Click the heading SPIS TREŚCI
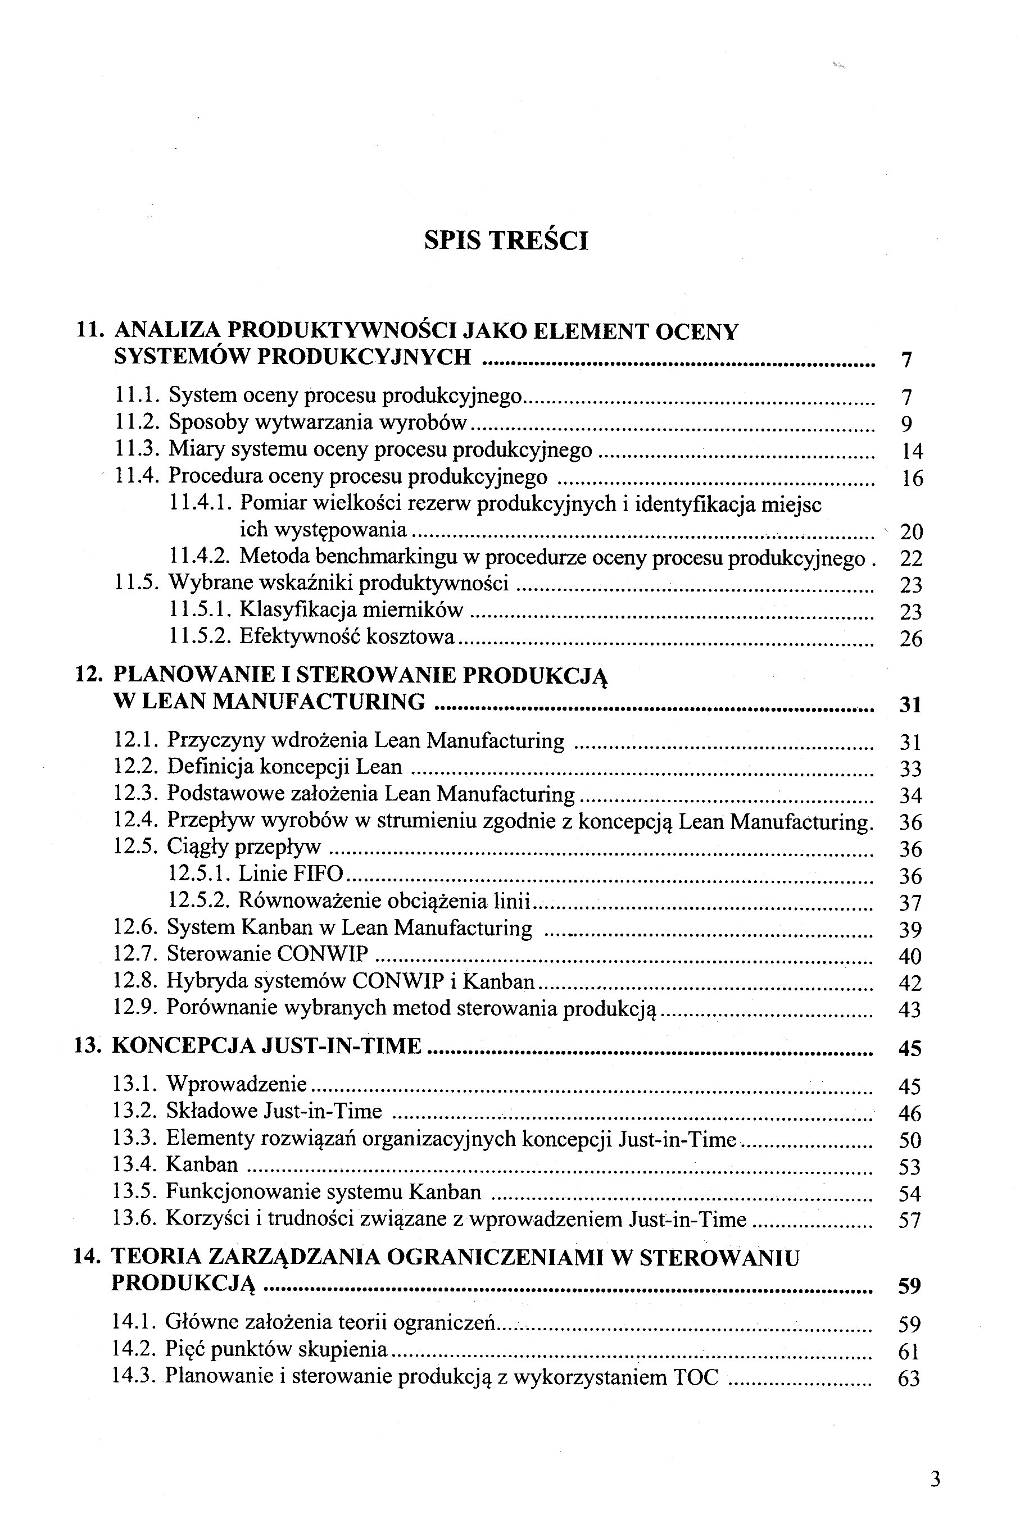pos(506,240)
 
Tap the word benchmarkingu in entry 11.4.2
pos(388,557)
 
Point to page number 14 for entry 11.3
pos(912,451)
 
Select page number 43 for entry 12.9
pos(910,1009)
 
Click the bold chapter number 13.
pos(88,1046)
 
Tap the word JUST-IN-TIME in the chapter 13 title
pos(342,1046)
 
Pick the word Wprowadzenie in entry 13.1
pos(237,1084)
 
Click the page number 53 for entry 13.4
pos(909,1166)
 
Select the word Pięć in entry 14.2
pos(185,1350)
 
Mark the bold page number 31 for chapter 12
pos(910,704)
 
